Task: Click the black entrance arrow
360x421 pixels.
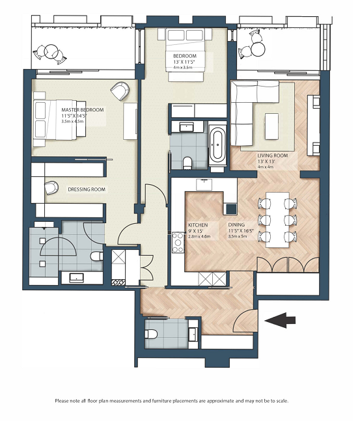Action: pyautogui.click(x=280, y=320)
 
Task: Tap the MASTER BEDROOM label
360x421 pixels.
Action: pyautogui.click(x=83, y=110)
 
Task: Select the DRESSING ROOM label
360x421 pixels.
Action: pyautogui.click(x=87, y=189)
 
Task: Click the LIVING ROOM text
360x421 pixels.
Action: pyautogui.click(x=272, y=156)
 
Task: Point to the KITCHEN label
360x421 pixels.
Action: pyautogui.click(x=198, y=225)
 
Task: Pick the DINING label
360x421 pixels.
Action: pyautogui.click(x=236, y=224)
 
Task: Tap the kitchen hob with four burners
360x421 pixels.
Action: pyautogui.click(x=178, y=243)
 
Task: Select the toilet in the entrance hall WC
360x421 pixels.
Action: pyautogui.click(x=151, y=334)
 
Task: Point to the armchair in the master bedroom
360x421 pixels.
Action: pyautogui.click(x=120, y=90)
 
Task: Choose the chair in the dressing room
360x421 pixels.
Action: pyautogui.click(x=51, y=187)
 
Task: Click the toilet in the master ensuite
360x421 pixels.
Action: pyautogui.click(x=96, y=256)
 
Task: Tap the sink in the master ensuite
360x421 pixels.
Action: pyautogui.click(x=77, y=278)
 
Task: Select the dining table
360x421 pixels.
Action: pyautogui.click(x=277, y=220)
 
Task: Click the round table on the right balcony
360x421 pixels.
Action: pyautogui.click(x=258, y=49)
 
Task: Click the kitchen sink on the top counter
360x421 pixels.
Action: pyautogui.click(x=204, y=184)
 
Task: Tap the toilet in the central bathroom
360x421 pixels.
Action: pyautogui.click(x=187, y=163)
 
